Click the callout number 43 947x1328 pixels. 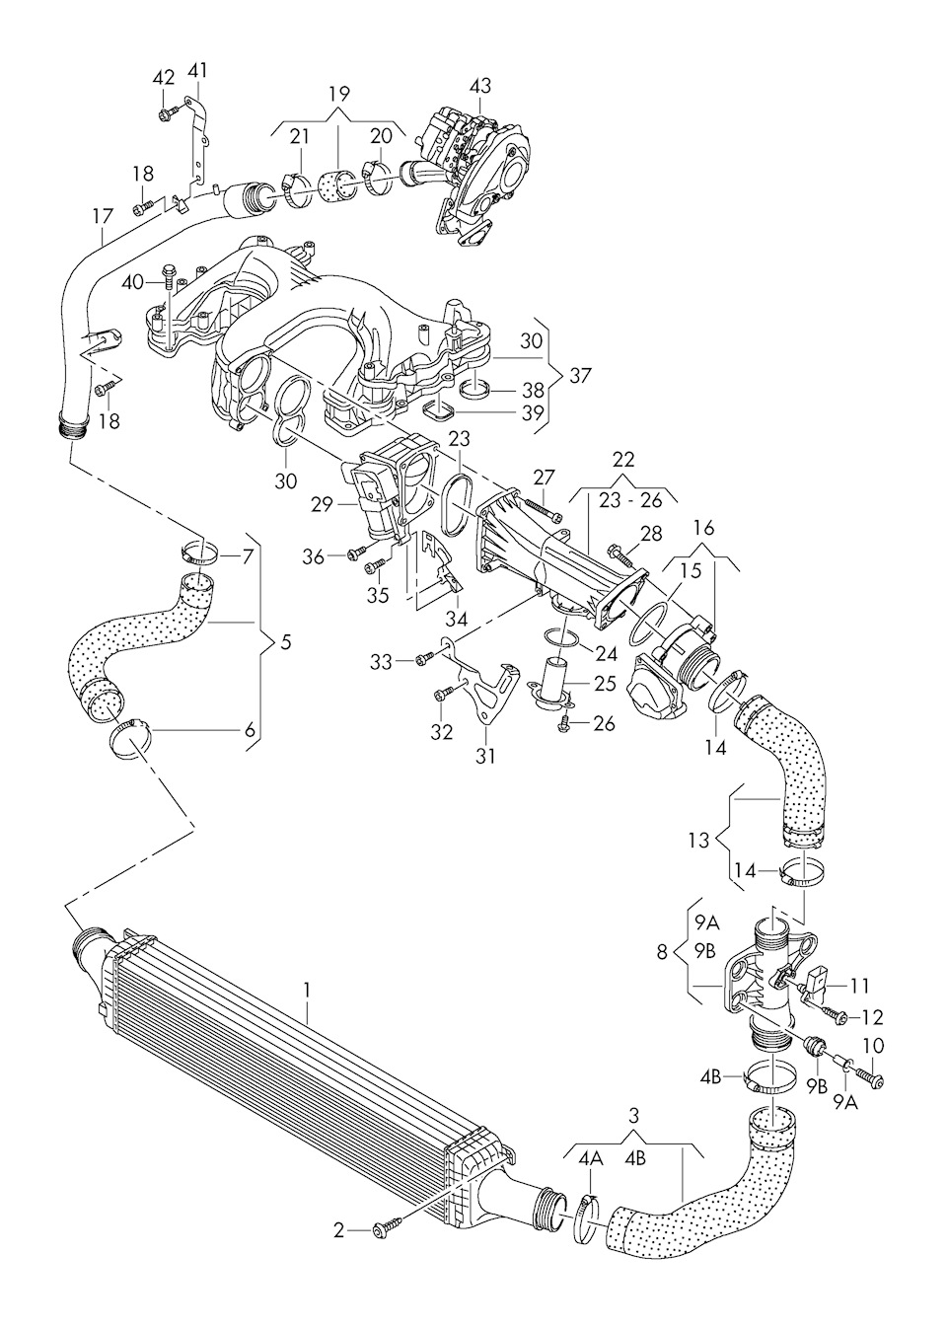pyautogui.click(x=479, y=86)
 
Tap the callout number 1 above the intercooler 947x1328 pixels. pyautogui.click(x=308, y=988)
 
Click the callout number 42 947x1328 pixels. pyautogui.click(x=164, y=78)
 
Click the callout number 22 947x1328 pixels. pyautogui.click(x=622, y=460)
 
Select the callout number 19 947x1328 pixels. pyautogui.click(x=338, y=95)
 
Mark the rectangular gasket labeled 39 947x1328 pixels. pyautogui.click(x=439, y=409)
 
